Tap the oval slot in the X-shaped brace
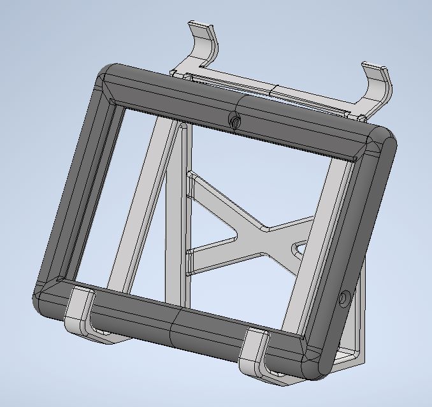click(298, 247)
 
